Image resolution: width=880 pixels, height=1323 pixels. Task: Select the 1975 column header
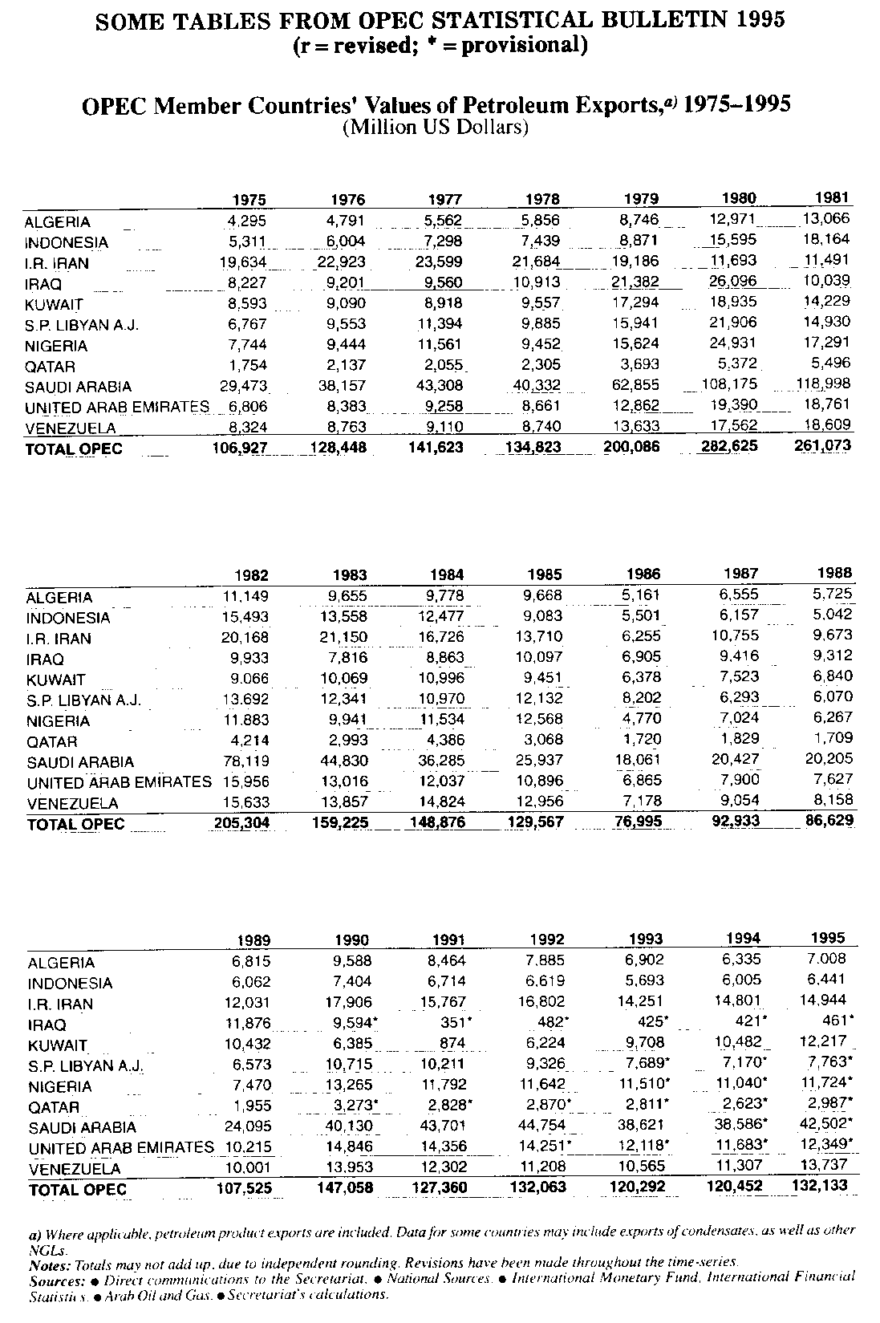coord(249,200)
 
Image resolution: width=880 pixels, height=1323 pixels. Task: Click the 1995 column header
coord(830,938)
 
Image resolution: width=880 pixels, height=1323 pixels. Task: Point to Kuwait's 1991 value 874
coord(450,1045)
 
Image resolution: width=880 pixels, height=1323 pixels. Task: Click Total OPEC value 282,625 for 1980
coord(728,445)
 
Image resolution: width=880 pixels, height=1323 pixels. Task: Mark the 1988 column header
coord(836,574)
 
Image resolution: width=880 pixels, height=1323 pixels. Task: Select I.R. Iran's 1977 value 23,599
coord(440,262)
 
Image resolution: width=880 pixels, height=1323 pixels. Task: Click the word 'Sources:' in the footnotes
coord(51,1276)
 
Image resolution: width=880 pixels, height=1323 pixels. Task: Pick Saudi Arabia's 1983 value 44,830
coord(344,760)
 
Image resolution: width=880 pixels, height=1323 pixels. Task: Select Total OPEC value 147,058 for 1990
coord(344,1187)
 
